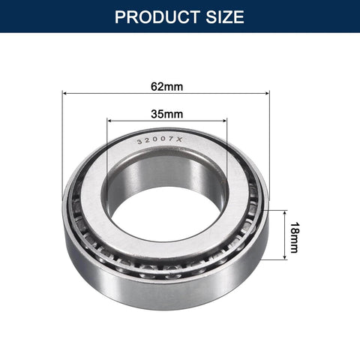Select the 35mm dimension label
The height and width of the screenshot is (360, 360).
(x=166, y=114)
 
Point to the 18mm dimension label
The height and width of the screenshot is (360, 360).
(x=293, y=235)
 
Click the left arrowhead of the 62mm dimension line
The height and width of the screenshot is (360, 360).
(x=65, y=94)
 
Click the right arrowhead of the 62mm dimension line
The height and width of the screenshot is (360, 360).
(x=265, y=94)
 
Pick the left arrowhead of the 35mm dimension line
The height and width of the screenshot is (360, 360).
(x=110, y=120)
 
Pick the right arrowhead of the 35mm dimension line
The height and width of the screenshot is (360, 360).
(x=223, y=120)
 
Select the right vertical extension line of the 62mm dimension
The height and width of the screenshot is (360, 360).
(x=268, y=150)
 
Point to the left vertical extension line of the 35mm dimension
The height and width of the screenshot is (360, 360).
(x=107, y=150)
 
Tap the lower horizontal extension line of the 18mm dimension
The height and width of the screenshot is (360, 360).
(x=276, y=259)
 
